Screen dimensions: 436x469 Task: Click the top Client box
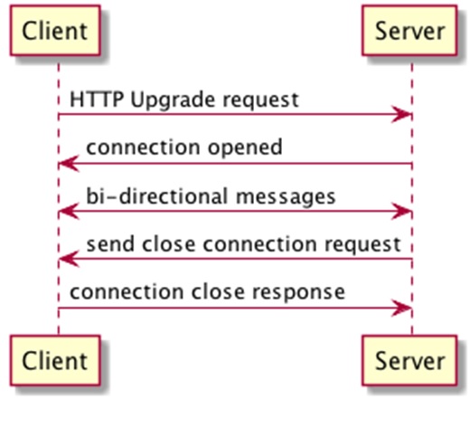pos(55,32)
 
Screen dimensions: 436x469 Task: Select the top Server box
pos(409,32)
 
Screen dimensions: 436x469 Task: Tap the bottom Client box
pos(55,361)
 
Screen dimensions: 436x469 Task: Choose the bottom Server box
pos(409,361)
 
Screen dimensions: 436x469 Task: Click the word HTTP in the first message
pos(91,100)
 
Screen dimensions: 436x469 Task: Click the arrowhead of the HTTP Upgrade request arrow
pos(404,115)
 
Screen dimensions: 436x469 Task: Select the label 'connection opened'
pos(183,147)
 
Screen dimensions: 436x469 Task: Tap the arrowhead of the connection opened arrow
pos(66,164)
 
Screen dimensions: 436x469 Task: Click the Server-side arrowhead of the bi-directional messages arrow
pos(404,213)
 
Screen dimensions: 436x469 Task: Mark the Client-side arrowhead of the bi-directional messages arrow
pos(66,213)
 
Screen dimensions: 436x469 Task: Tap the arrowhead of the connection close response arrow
pos(404,309)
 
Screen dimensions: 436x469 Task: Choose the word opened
pos(248,147)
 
